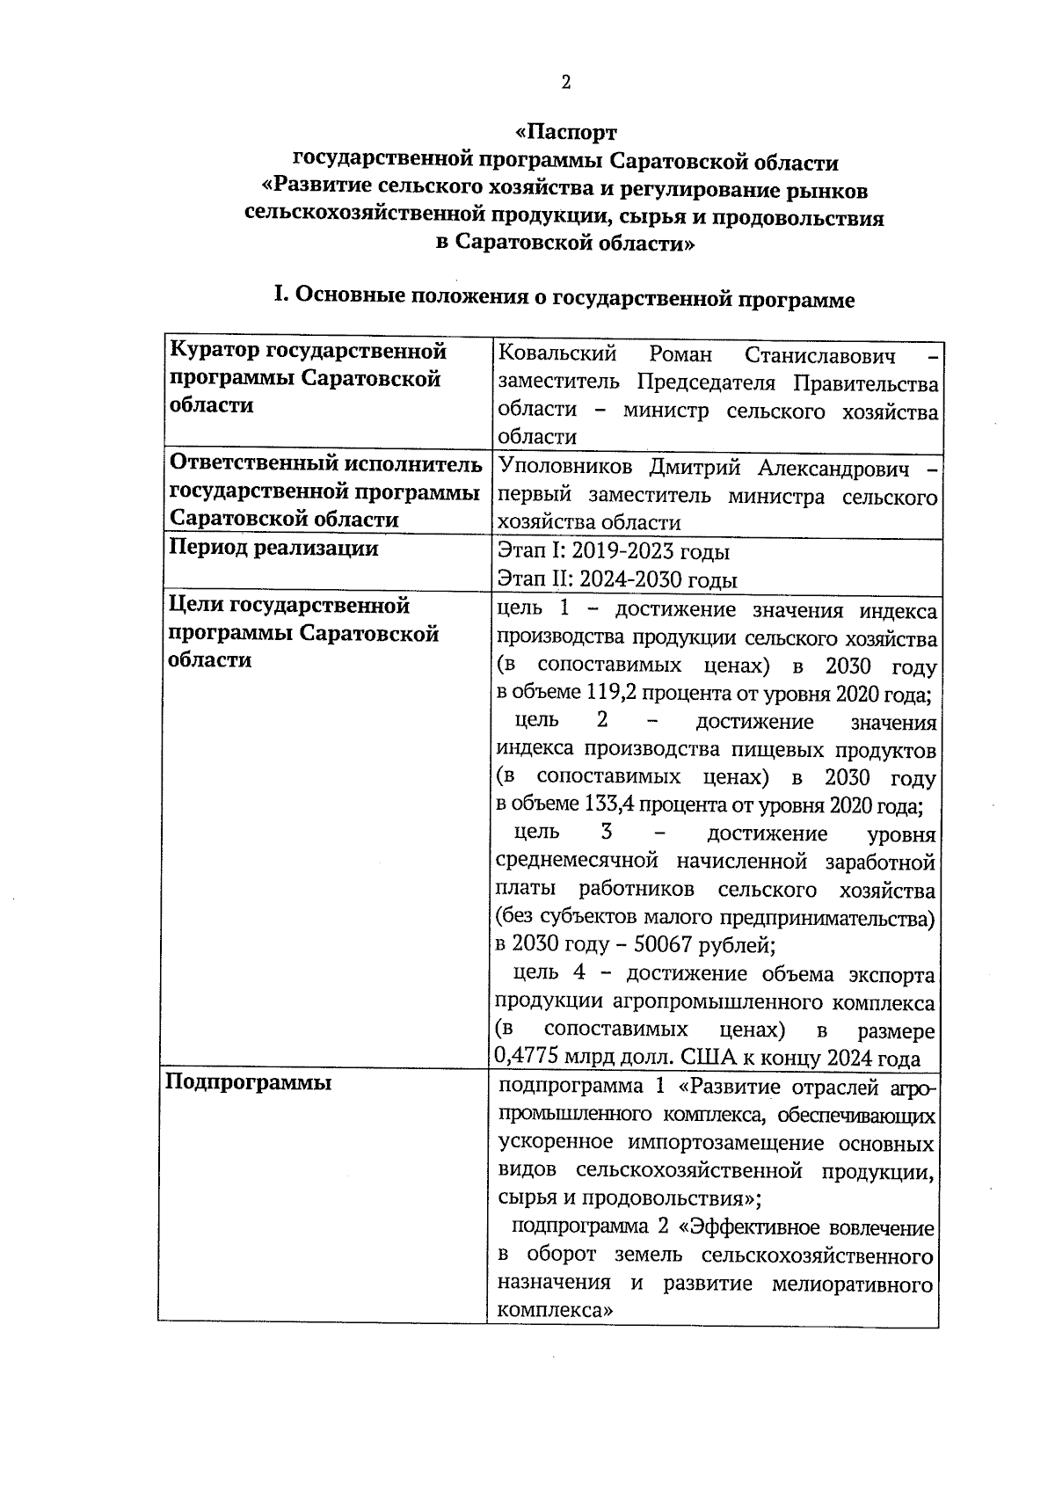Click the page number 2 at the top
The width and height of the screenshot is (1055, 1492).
pos(565,84)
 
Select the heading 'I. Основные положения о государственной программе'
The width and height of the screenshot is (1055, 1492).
pos(564,298)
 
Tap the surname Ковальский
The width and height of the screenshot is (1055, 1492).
pos(557,355)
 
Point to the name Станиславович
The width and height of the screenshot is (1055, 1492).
pos(819,355)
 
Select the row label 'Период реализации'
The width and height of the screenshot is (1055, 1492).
pos(273,549)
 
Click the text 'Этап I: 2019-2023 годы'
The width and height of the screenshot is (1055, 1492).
pos(614,551)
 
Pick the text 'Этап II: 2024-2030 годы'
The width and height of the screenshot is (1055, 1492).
pos(617,579)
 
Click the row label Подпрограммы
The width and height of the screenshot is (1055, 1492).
pos(249,1082)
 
